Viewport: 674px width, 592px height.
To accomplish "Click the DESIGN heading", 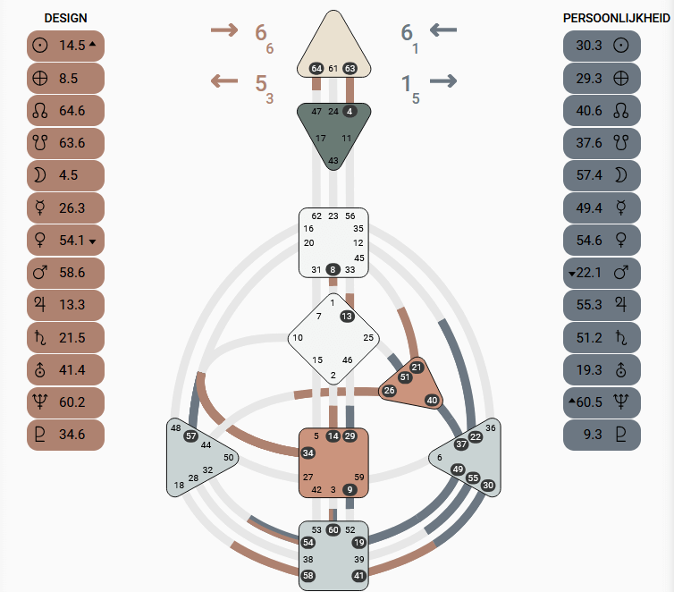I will pos(65,18).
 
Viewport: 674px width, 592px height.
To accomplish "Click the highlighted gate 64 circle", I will pos(316,68).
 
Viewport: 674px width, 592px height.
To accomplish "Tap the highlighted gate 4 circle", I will pos(350,111).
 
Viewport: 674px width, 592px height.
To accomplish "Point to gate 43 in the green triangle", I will pos(333,160).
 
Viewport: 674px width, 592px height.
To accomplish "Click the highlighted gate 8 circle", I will pos(333,269).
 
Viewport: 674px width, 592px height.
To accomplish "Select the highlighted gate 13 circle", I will pos(347,316).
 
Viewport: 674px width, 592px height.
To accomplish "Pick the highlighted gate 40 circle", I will pos(432,401).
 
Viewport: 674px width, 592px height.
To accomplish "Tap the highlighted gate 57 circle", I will pos(190,436).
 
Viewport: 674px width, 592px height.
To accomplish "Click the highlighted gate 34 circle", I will pos(308,453).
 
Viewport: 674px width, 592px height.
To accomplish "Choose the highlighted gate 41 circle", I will pos(358,576).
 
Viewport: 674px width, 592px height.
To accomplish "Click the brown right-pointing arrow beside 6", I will pos(224,30).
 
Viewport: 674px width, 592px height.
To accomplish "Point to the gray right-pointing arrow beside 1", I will pos(442,81).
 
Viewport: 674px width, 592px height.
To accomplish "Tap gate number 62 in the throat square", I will pos(316,216).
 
